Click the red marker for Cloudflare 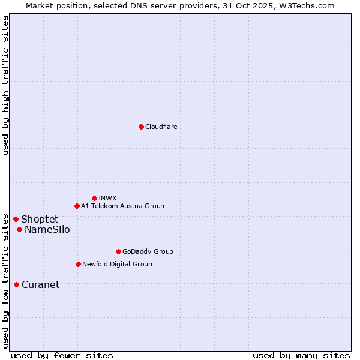[141, 127]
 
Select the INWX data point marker [94, 198]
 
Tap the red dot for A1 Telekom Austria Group [77, 206]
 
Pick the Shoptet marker [16, 219]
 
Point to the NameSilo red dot [19, 229]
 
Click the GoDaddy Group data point [118, 251]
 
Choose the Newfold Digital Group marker [78, 264]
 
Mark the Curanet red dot [16, 284]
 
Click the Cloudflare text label [161, 127]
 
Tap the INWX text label [107, 198]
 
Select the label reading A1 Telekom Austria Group [122, 206]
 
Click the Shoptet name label [40, 219]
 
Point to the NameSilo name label [47, 229]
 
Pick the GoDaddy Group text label [147, 251]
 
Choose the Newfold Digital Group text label [117, 264]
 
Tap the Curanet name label [40, 284]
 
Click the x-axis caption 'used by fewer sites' [62, 355]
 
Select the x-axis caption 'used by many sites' [301, 355]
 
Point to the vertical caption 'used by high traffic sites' [5, 85]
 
